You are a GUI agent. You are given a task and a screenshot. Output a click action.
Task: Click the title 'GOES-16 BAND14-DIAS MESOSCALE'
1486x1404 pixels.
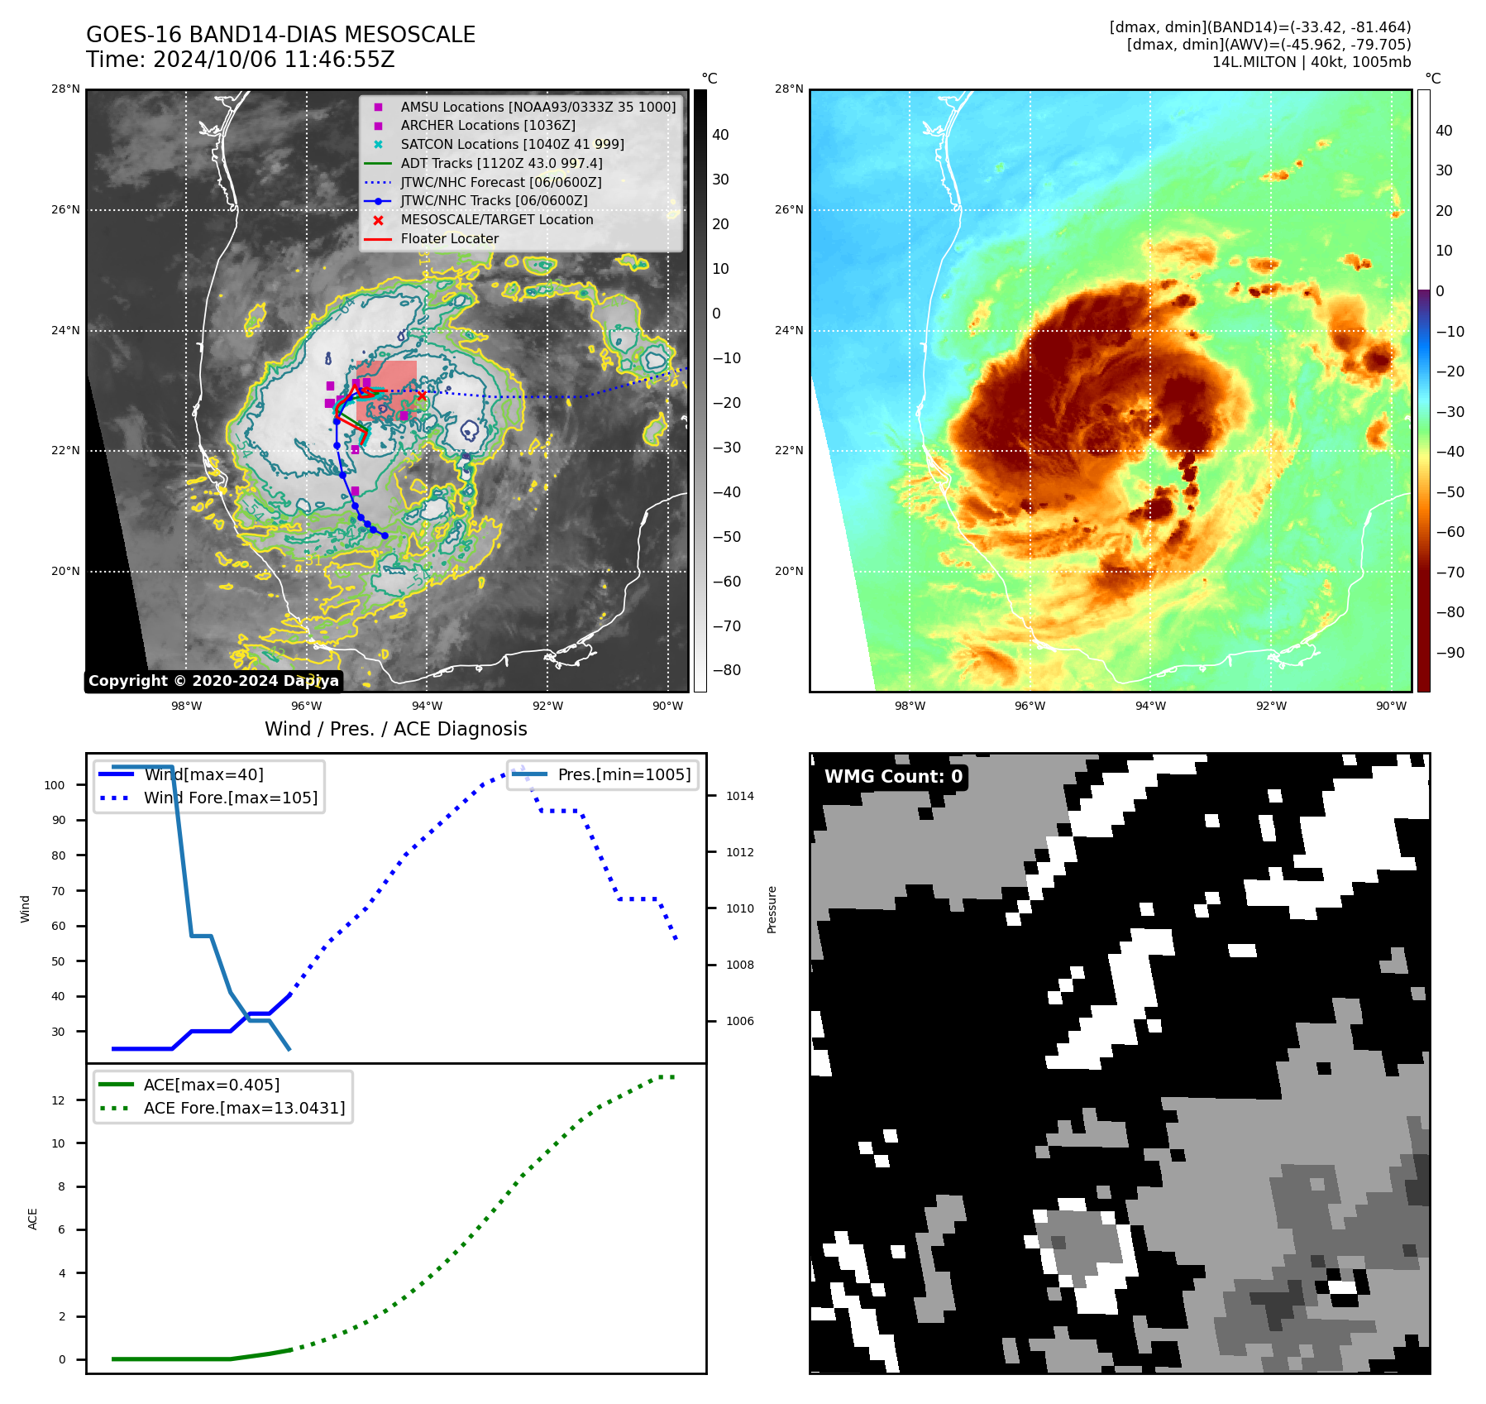(x=280, y=35)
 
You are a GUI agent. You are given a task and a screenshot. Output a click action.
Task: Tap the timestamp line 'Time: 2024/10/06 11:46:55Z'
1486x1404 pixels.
(x=240, y=60)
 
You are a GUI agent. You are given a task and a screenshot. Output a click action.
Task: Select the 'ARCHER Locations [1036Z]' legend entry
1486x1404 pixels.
(x=488, y=126)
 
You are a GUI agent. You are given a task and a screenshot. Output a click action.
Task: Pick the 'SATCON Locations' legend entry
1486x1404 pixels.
(x=512, y=145)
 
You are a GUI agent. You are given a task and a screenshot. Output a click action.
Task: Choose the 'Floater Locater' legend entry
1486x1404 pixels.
(x=449, y=239)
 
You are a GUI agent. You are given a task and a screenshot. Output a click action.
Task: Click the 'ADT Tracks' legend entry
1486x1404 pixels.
(x=501, y=164)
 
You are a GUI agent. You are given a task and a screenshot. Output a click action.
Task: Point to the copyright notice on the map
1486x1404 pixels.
(x=213, y=681)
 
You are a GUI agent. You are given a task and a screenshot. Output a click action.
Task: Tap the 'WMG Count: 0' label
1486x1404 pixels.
(x=893, y=777)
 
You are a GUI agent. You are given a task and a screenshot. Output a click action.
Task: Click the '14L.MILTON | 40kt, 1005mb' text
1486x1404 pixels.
(x=1311, y=62)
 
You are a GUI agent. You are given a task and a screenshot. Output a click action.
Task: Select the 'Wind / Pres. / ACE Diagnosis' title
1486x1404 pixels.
(x=395, y=729)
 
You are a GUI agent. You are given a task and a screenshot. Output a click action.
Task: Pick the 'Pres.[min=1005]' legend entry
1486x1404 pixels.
(x=624, y=775)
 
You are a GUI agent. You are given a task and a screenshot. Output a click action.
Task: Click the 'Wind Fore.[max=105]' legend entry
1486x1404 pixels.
(x=230, y=798)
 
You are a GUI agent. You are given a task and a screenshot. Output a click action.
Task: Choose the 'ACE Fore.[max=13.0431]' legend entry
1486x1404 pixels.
(x=244, y=1108)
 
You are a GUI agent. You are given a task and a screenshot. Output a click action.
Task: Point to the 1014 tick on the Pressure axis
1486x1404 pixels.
(x=739, y=797)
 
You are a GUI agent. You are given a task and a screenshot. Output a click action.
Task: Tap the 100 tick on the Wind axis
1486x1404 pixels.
(x=55, y=785)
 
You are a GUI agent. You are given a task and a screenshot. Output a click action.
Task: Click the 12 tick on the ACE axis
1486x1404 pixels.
(x=58, y=1100)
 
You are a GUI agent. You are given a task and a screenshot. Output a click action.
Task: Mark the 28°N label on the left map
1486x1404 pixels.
(x=65, y=89)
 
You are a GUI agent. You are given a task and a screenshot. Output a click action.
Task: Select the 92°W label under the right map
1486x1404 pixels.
(x=1270, y=706)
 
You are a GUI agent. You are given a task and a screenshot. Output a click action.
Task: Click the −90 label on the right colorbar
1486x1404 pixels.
(x=1450, y=653)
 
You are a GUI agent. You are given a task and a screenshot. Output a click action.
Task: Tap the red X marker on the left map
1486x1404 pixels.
(x=422, y=395)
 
